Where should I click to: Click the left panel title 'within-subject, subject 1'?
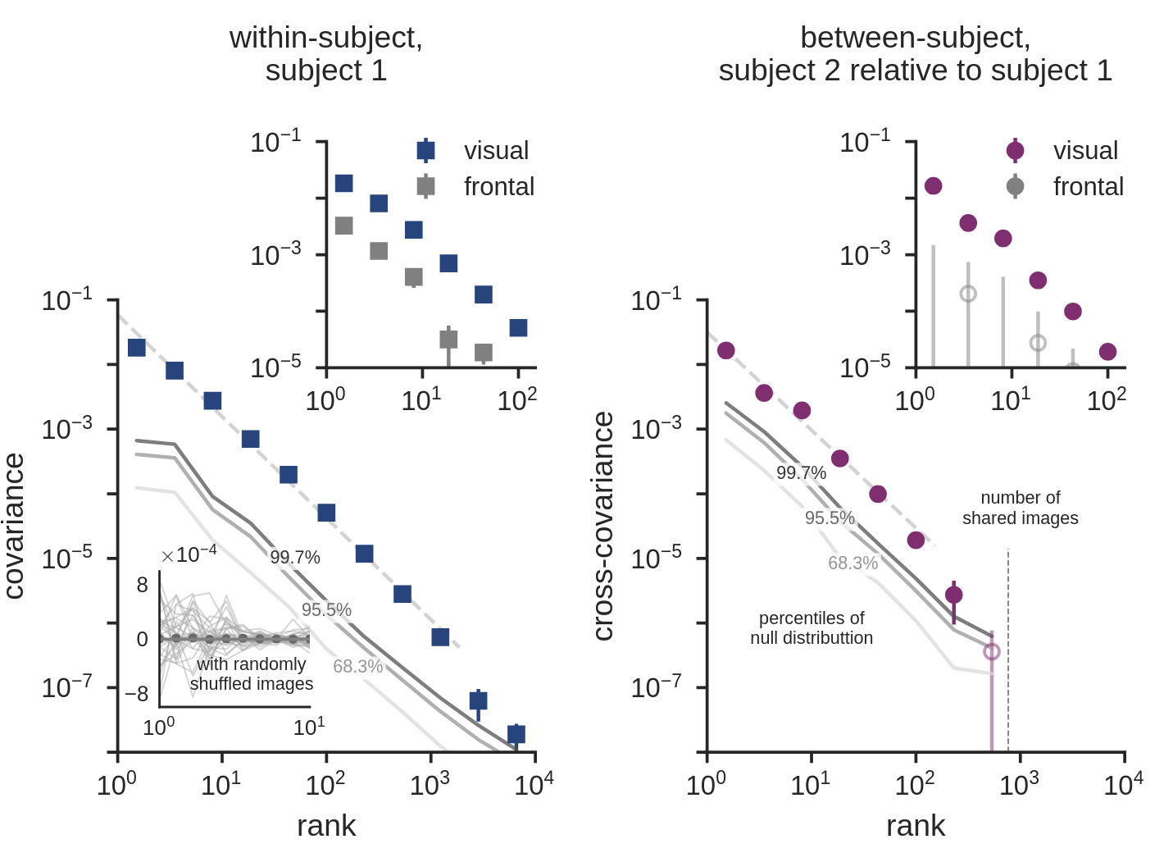[x=325, y=54]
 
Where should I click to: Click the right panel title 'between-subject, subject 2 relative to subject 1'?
[x=915, y=54]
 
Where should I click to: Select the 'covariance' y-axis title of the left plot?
[x=15, y=526]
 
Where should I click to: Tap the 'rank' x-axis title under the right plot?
[x=915, y=825]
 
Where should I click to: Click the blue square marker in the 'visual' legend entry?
[x=425, y=150]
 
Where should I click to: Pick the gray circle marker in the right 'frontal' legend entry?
[x=1015, y=186]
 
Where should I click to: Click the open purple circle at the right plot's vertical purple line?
[x=992, y=652]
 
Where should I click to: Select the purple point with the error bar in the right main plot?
[x=953, y=595]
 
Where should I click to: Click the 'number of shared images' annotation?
[x=1020, y=508]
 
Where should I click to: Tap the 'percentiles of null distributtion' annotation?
[x=812, y=627]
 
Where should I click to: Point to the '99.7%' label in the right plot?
[x=801, y=472]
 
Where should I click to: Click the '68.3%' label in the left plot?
[x=358, y=666]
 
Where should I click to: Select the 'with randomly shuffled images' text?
[x=252, y=673]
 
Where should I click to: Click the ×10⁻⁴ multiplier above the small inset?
[x=189, y=554]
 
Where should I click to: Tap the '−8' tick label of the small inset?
[x=137, y=694]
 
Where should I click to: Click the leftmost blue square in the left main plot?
[x=137, y=348]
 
